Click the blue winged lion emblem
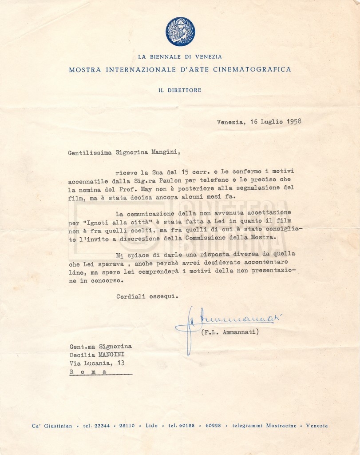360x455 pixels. tap(180, 32)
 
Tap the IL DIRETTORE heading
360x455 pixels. tap(180, 90)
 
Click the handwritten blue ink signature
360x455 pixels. tap(231, 322)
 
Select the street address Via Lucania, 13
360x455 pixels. tap(97, 363)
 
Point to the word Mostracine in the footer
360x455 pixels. tap(281, 426)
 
